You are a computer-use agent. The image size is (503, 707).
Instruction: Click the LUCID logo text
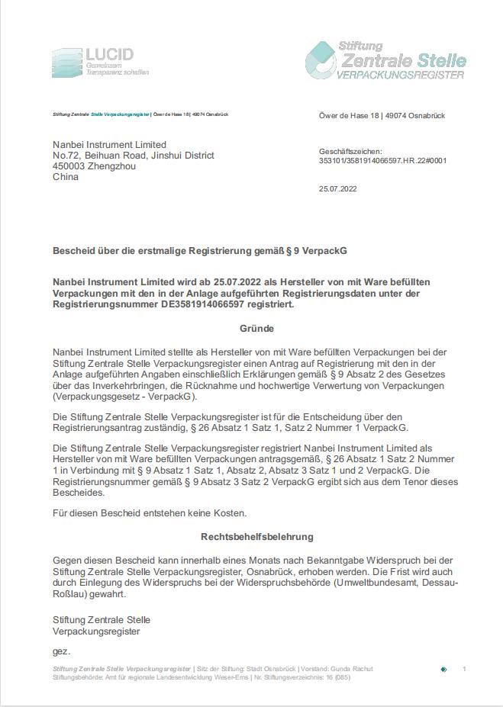[x=109, y=55]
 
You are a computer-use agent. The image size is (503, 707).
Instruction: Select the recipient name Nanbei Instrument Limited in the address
[x=109, y=145]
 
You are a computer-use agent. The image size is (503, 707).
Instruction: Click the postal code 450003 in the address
[x=69, y=166]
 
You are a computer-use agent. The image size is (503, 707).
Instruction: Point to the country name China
[x=66, y=177]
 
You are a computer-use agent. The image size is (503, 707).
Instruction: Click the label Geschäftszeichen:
[x=350, y=152]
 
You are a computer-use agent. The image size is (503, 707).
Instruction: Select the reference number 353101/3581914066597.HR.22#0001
[x=382, y=161]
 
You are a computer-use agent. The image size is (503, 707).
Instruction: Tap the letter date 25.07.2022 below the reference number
[x=337, y=189]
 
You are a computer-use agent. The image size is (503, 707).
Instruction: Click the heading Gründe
[x=256, y=329]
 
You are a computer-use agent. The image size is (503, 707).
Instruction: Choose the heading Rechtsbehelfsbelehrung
[x=256, y=537]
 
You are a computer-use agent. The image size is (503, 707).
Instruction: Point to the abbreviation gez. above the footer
[x=61, y=651]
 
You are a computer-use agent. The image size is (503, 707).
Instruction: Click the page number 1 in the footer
[x=464, y=669]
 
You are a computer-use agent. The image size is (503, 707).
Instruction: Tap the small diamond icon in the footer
[x=443, y=670]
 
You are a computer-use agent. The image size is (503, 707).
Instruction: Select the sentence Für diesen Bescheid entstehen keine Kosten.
[x=150, y=513]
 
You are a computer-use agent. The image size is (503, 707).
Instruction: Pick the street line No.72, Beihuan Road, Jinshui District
[x=134, y=156]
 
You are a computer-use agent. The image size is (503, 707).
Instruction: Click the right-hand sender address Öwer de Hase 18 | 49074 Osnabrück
[x=382, y=116]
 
